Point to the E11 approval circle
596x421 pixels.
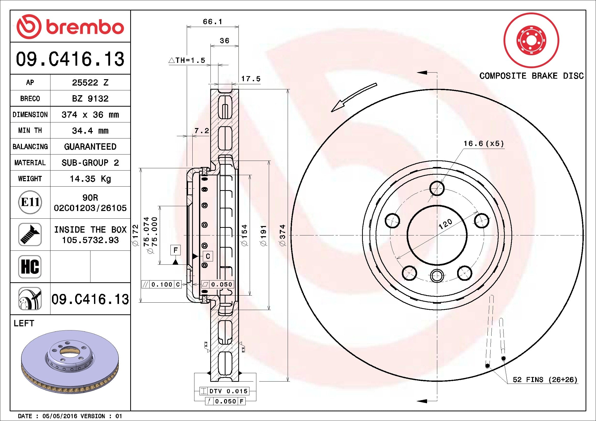pos(30,202)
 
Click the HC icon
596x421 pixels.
pos(30,266)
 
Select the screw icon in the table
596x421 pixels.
pos(30,234)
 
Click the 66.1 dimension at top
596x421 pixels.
pos(212,22)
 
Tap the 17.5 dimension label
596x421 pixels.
pos(250,79)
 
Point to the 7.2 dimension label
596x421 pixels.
pos(202,131)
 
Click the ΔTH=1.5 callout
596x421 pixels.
pos(187,60)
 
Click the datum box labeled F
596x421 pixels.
pos(176,250)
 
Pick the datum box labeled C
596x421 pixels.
pos(208,256)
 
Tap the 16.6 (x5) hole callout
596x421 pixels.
pos(483,143)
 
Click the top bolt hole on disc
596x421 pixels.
pos(437,188)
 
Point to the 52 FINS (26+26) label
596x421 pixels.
pos(545,380)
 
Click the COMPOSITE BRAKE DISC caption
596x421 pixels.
pos(531,76)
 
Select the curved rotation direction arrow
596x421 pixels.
pos(353,97)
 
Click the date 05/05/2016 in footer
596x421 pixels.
pos(59,416)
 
